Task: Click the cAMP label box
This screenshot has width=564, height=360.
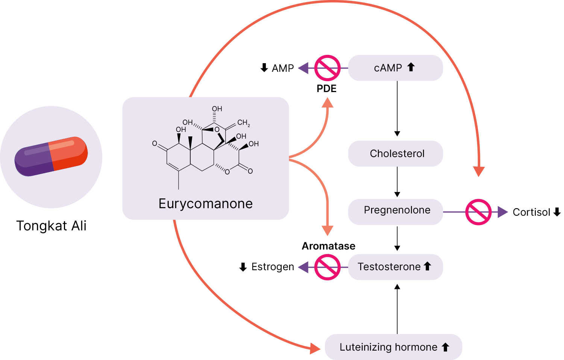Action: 395,68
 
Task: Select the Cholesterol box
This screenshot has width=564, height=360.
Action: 395,154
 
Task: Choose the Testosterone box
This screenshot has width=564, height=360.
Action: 395,267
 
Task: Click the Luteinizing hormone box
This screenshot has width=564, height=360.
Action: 393,347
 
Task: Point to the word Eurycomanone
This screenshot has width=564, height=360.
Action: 205,204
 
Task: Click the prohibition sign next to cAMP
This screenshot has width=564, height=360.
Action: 327,68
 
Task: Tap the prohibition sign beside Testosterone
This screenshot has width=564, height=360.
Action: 327,267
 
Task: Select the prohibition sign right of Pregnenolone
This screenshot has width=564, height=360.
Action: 478,212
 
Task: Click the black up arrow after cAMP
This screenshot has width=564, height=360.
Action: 411,67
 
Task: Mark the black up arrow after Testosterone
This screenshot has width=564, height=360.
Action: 427,266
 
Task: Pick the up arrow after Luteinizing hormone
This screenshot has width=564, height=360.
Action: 446,347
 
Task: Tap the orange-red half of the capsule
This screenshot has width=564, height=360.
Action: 70,152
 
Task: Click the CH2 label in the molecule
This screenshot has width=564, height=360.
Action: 243,123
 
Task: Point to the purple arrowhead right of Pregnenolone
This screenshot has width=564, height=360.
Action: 503,212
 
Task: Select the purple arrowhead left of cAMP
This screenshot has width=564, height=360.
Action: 303,68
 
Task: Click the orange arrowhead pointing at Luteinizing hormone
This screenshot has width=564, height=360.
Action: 315,348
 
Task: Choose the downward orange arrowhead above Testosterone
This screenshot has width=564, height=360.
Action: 327,230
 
